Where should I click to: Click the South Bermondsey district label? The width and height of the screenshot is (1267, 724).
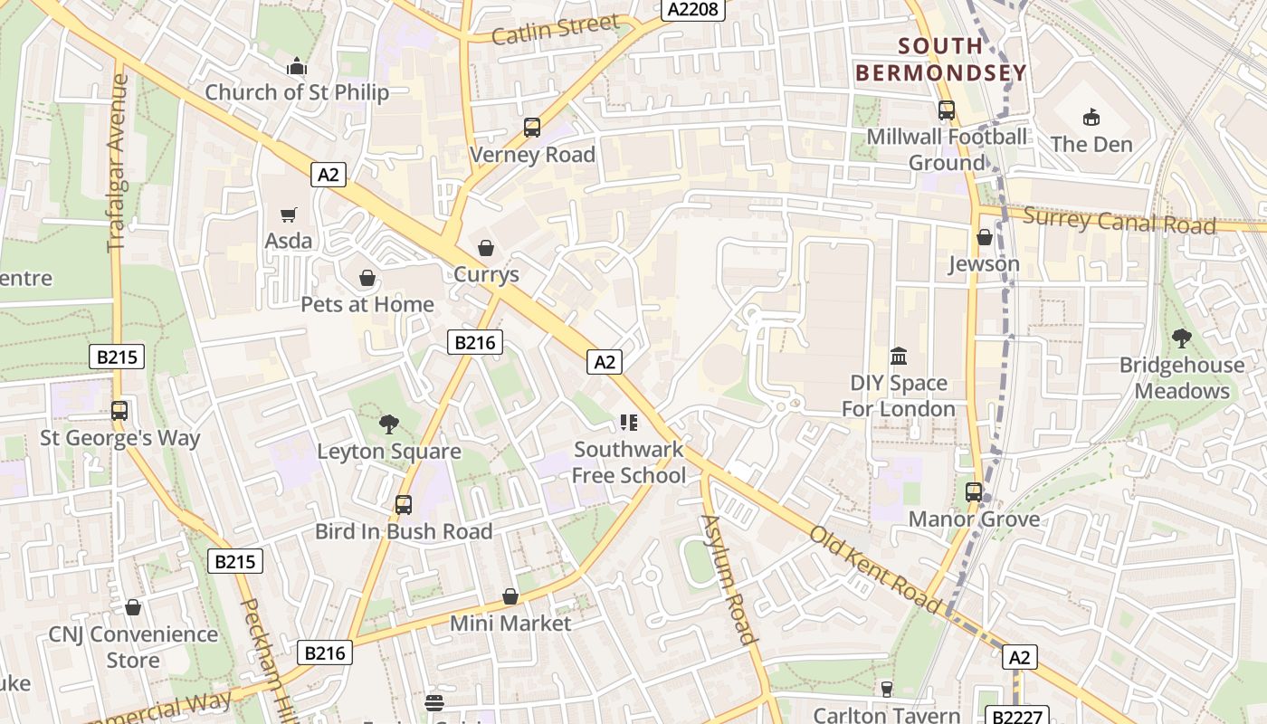[941, 60]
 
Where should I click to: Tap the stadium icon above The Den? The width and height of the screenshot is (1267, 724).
[1091, 117]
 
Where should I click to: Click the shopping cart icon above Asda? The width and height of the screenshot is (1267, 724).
[289, 214]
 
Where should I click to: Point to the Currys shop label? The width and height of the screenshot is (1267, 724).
[486, 274]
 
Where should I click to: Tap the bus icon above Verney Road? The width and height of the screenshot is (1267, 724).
[532, 128]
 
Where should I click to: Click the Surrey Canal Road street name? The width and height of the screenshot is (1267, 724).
[1119, 220]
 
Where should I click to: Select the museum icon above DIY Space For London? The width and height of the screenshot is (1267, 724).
[899, 356]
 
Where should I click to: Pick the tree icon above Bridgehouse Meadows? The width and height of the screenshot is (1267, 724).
[1181, 338]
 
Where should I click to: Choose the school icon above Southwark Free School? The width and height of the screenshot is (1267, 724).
[629, 423]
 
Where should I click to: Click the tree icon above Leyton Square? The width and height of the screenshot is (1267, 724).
[389, 424]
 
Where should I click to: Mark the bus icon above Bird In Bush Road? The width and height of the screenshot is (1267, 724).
[404, 504]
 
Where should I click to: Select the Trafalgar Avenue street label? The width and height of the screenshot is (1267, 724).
[118, 163]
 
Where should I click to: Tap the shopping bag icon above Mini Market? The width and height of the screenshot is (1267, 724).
[510, 596]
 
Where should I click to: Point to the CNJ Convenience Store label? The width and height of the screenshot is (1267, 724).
[133, 647]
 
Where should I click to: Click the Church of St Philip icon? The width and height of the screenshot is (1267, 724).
[296, 66]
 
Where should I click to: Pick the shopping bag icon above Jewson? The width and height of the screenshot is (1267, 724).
[984, 237]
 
